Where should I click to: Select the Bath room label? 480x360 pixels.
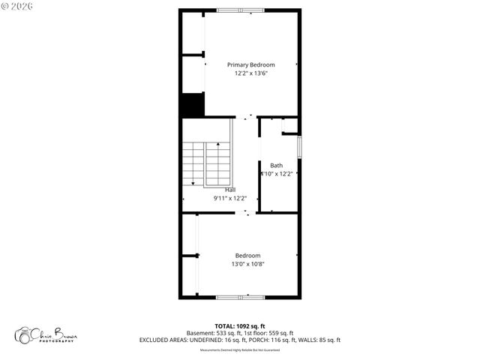277,166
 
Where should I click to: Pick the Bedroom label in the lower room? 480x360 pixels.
247,256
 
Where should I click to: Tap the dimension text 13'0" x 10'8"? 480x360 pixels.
247,264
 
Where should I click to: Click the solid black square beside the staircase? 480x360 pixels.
192,105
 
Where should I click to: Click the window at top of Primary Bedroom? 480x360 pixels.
240,10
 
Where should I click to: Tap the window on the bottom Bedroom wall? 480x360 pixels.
240,298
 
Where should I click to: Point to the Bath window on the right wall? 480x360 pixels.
299,146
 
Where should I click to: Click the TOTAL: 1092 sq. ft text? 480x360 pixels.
240,326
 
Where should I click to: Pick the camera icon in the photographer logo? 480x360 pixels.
25,334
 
